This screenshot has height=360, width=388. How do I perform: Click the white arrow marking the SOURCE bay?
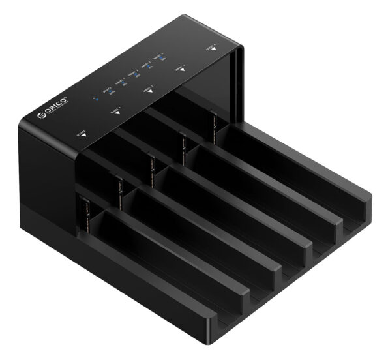click(x=82, y=138)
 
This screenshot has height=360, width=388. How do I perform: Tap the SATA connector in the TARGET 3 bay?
click(x=183, y=147)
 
